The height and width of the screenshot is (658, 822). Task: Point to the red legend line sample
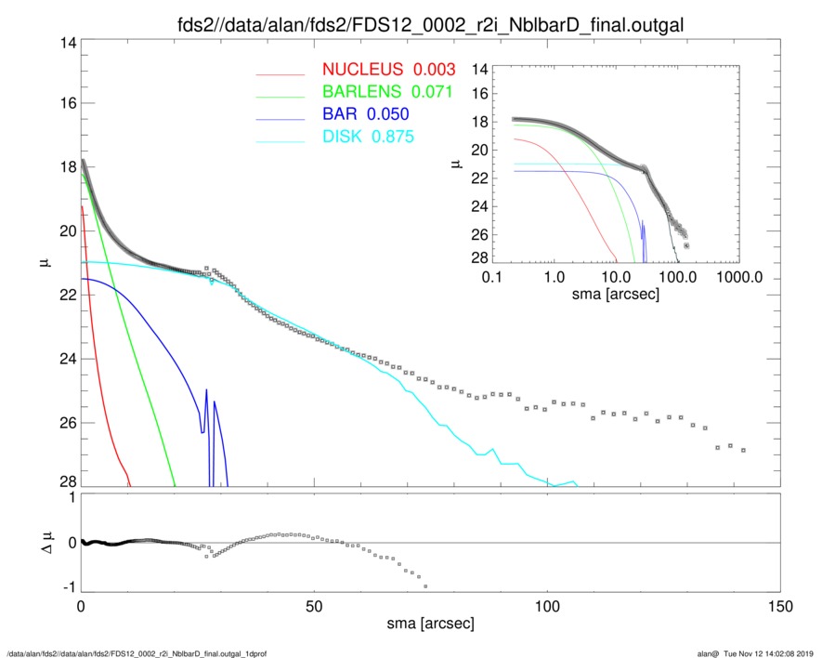tap(280, 72)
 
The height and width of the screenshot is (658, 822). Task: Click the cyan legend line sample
tap(280, 139)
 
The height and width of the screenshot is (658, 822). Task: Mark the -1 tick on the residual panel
tap(67, 588)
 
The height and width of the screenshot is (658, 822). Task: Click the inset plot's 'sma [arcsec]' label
tap(618, 294)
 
